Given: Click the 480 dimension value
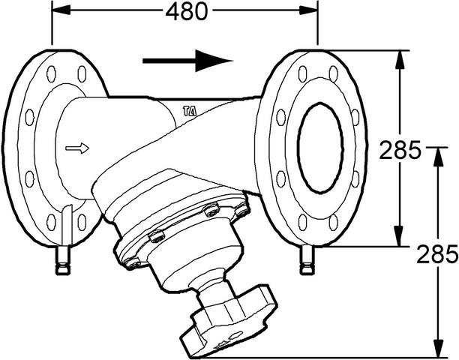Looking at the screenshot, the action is pyautogui.click(x=187, y=12).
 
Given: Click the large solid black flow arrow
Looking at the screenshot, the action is pyautogui.click(x=187, y=61).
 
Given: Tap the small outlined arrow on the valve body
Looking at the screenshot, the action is pyautogui.click(x=77, y=148).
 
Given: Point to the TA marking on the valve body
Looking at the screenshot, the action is pyautogui.click(x=190, y=111).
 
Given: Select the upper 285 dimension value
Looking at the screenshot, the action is pyautogui.click(x=400, y=150).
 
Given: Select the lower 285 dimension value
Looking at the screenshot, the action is pyautogui.click(x=437, y=253).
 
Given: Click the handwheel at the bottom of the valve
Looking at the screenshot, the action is pyautogui.click(x=229, y=321).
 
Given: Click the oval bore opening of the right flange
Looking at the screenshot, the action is pyautogui.click(x=320, y=148).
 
